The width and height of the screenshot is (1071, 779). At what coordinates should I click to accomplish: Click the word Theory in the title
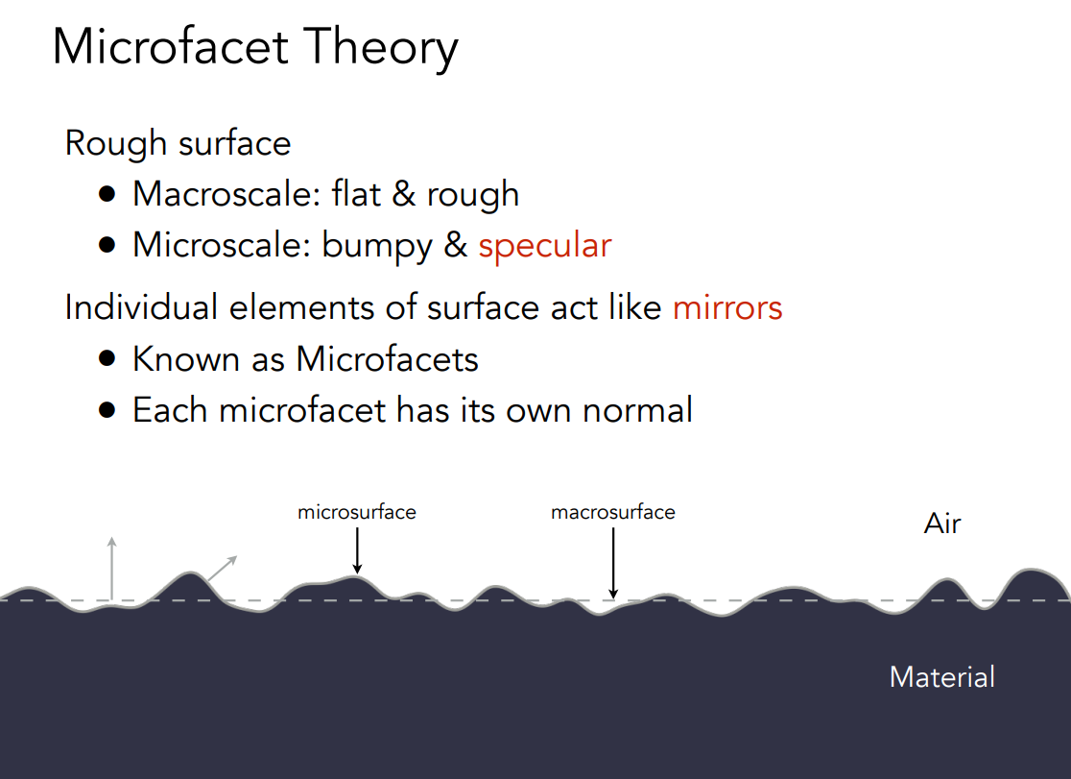click(380, 48)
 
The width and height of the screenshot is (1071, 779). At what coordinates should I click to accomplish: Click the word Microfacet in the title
click(171, 46)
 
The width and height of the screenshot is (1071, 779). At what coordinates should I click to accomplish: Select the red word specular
click(544, 246)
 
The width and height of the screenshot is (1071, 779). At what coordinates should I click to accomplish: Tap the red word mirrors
click(727, 307)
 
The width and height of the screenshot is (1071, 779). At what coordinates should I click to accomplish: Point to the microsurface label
click(357, 512)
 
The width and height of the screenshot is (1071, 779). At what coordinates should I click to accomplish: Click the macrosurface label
click(612, 512)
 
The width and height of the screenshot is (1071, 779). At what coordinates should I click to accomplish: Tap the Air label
click(941, 523)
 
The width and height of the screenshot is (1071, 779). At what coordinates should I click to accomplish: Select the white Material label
click(941, 677)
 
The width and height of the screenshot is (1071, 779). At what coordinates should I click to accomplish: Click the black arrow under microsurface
click(357, 550)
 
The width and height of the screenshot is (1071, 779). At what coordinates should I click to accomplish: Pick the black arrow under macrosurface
click(613, 563)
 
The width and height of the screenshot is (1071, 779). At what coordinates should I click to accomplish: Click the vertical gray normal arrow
click(112, 569)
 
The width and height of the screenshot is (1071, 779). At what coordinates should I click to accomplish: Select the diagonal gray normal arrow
click(222, 569)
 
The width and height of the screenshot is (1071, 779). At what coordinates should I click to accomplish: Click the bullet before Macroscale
click(107, 194)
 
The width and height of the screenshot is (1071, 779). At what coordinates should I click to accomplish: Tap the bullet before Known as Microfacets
click(107, 359)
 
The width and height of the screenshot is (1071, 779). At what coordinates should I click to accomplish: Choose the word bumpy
click(377, 246)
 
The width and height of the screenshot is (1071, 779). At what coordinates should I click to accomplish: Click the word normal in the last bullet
click(637, 410)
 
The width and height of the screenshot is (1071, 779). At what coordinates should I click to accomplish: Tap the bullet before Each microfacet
click(107, 410)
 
